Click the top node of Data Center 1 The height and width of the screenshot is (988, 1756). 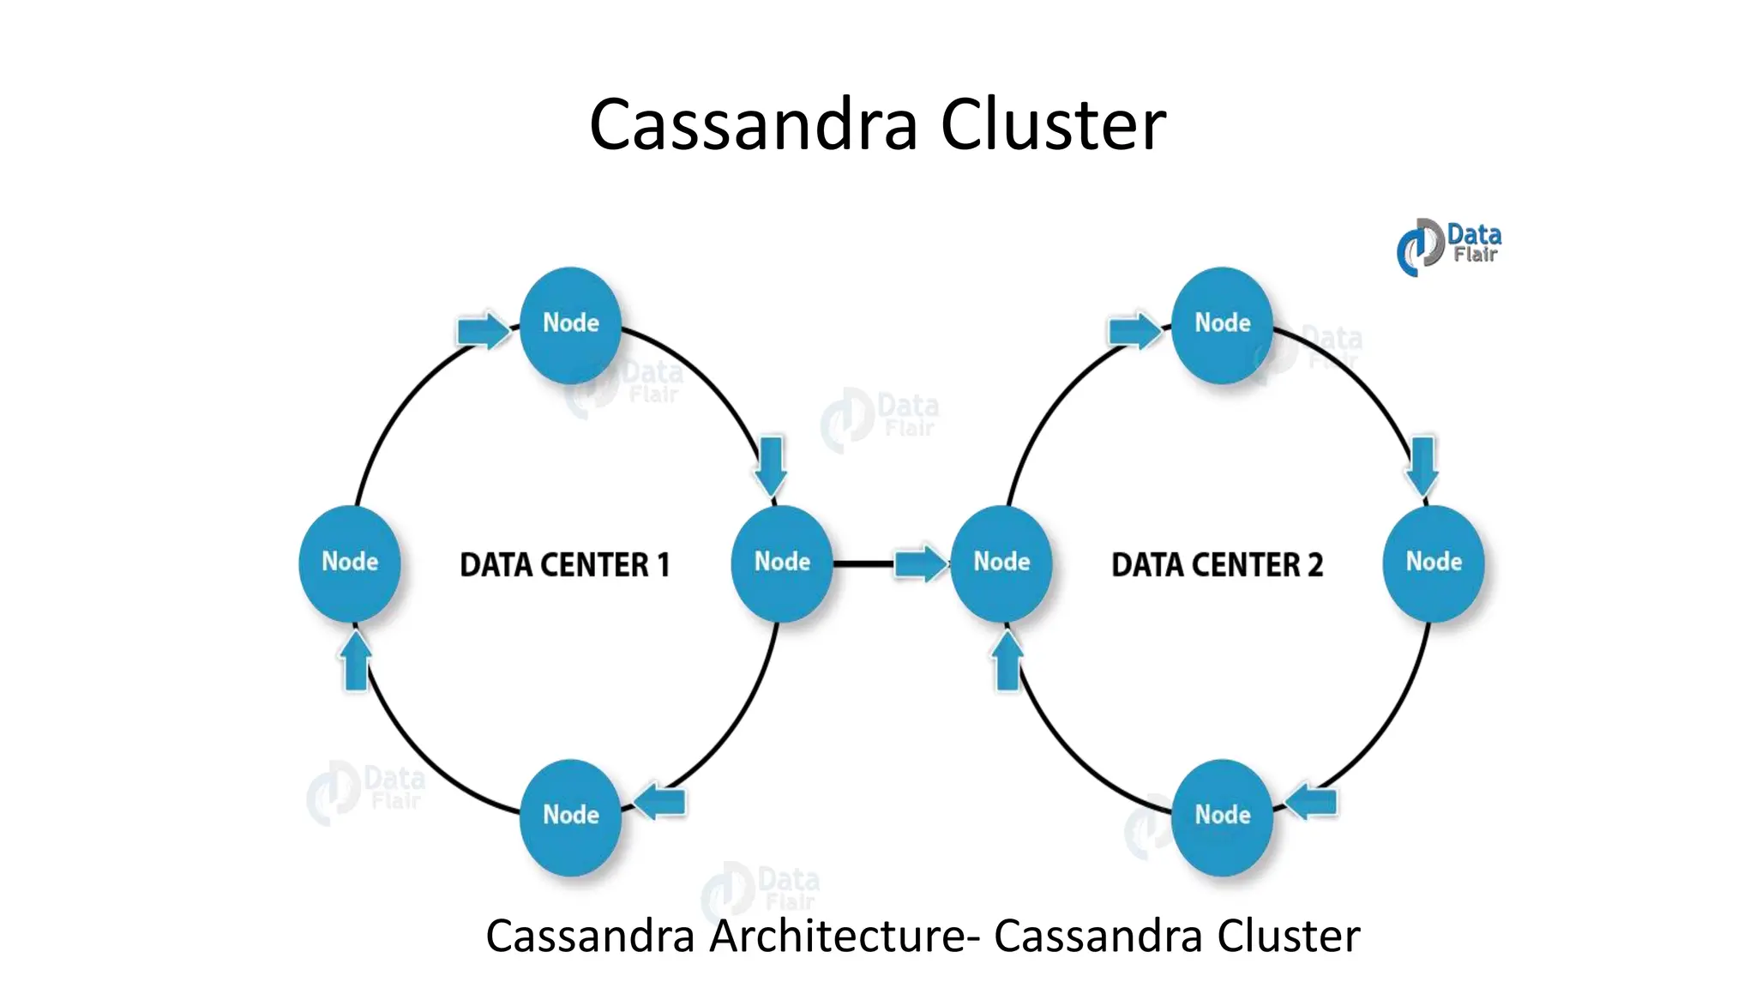pyautogui.click(x=570, y=324)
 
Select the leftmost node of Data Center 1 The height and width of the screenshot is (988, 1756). pyautogui.click(x=350, y=563)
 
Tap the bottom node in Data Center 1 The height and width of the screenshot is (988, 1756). pyautogui.click(x=570, y=816)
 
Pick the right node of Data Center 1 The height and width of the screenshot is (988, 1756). pyautogui.click(x=781, y=563)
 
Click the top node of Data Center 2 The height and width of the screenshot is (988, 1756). pyautogui.click(x=1222, y=324)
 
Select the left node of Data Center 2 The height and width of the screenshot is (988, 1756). pyautogui.click(x=1001, y=563)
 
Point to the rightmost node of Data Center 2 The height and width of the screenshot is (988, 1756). pyautogui.click(x=1434, y=563)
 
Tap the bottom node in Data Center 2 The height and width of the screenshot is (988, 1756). pyautogui.click(x=1222, y=816)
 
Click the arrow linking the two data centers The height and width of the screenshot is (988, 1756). pyautogui.click(x=920, y=563)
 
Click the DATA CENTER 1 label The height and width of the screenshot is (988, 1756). pyautogui.click(x=564, y=565)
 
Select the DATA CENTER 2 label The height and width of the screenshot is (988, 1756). pyautogui.click(x=1217, y=565)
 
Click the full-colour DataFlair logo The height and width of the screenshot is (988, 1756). pyautogui.click(x=1448, y=246)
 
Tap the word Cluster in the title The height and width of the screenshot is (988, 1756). pyautogui.click(x=1053, y=125)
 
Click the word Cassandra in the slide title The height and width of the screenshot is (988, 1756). pyautogui.click(x=753, y=125)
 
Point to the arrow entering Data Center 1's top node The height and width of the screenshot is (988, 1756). pyautogui.click(x=483, y=330)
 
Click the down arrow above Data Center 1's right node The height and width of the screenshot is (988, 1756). pyautogui.click(x=771, y=466)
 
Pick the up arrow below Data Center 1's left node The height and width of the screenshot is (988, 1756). pyautogui.click(x=356, y=661)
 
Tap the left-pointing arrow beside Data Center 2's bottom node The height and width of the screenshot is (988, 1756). pyautogui.click(x=1312, y=802)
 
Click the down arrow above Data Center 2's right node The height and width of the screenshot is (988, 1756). pyautogui.click(x=1422, y=466)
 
